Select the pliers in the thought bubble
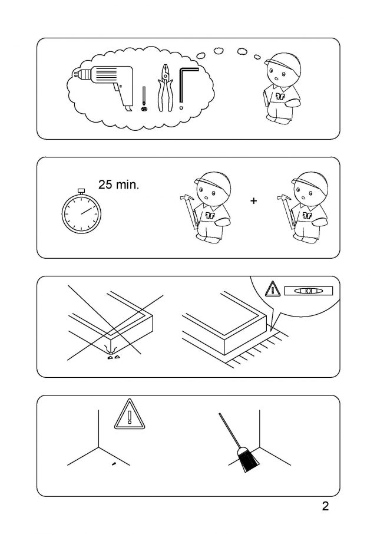(x=166, y=88)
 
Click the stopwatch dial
(x=81, y=214)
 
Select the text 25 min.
(x=119, y=184)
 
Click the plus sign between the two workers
(x=253, y=200)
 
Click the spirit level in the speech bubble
(x=308, y=291)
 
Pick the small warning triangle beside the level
(x=272, y=288)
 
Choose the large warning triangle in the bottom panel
(x=129, y=414)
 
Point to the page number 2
(x=325, y=506)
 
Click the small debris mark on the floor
(x=114, y=463)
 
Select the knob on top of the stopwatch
(x=81, y=190)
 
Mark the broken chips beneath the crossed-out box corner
(x=114, y=357)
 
